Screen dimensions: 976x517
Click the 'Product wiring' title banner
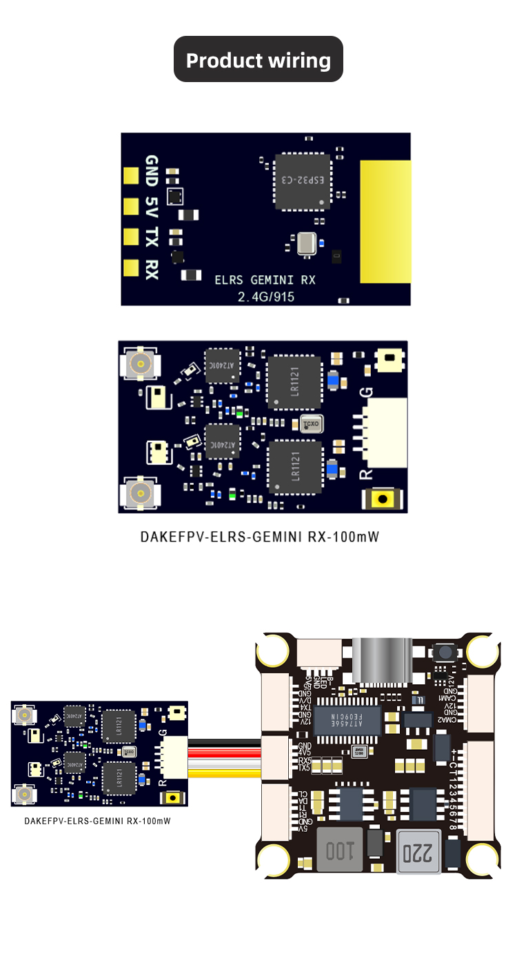pos(258,60)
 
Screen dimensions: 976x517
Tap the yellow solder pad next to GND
pos(131,175)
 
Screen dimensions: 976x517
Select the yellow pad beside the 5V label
pos(131,206)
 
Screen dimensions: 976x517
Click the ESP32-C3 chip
pos(303,181)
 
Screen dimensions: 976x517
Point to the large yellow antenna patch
pos(385,221)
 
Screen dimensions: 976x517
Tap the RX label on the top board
pos(152,268)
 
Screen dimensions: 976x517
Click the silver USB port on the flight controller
pos(381,661)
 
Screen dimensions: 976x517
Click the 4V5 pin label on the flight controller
pos(304,753)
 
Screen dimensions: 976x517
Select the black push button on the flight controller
pos(443,653)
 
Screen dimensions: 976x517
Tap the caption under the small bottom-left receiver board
pos(97,821)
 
